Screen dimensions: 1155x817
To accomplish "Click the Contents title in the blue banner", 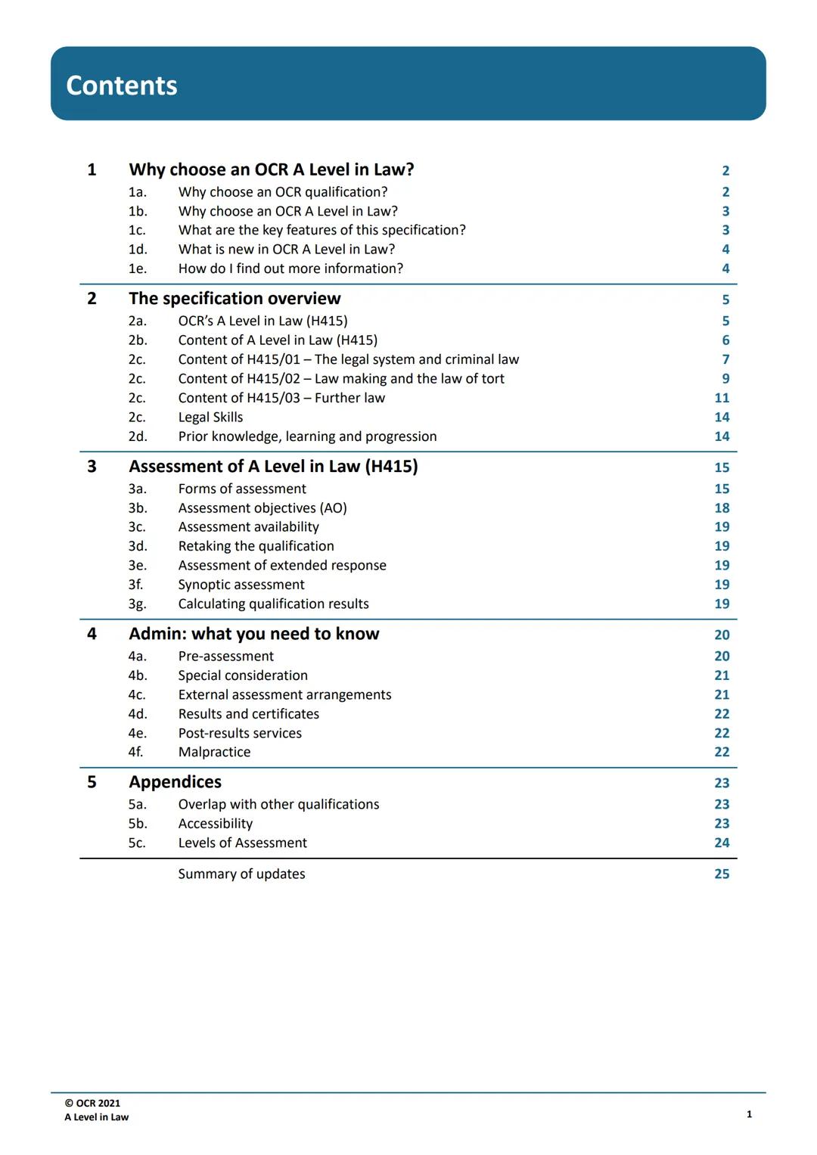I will (122, 85).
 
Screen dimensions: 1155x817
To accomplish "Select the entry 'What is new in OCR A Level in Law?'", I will (286, 249).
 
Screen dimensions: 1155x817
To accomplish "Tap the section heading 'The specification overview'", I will (235, 299).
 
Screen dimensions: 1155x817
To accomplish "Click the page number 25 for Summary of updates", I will (722, 874).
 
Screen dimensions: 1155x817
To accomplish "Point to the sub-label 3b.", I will (137, 508).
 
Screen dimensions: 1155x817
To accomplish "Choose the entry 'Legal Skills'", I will (210, 417).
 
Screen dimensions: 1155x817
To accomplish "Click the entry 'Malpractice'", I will (214, 752).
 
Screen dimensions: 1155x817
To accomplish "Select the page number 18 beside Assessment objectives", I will (722, 508).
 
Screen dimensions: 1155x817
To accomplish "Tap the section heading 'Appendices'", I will (175, 782).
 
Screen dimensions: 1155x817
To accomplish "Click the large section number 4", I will (92, 634).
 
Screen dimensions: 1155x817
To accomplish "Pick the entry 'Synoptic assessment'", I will (241, 585).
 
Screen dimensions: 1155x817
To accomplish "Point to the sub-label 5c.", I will (137, 843).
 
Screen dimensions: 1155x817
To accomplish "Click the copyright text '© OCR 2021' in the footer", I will (92, 1103).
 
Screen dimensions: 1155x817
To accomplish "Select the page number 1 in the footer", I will (749, 1114).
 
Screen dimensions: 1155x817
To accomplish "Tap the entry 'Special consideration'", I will (243, 675).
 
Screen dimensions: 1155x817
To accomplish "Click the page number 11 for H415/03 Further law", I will (722, 398).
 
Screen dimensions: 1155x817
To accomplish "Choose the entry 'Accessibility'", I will (215, 824).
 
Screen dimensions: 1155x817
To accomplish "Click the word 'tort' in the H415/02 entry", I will (492, 379).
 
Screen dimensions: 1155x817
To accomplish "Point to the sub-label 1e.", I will (137, 269).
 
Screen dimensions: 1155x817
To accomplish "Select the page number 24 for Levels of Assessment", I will (722, 843).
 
